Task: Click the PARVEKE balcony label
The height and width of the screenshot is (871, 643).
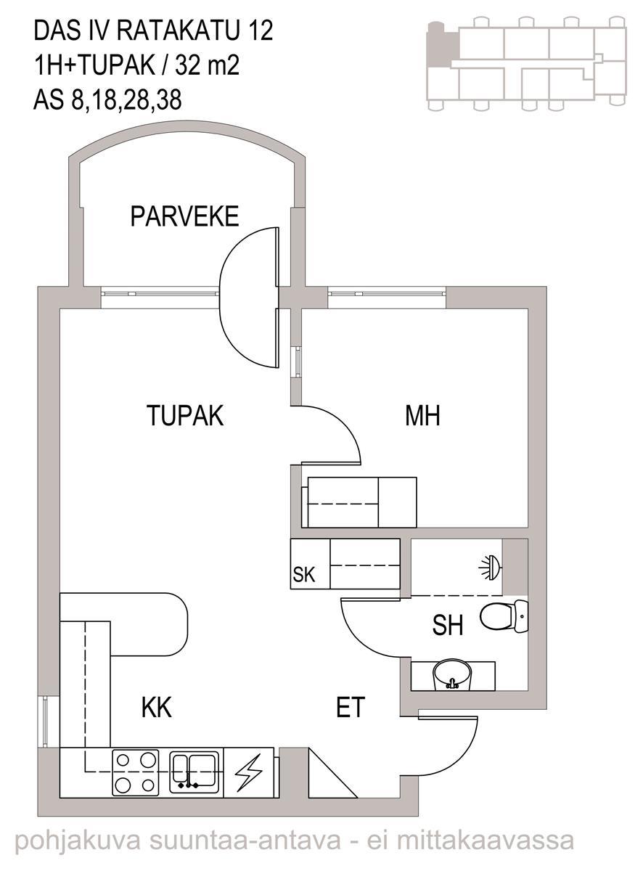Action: (184, 216)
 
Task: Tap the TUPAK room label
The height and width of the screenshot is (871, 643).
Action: (185, 415)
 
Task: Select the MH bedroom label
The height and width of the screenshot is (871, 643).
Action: (422, 415)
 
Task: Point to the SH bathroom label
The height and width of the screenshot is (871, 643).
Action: (447, 625)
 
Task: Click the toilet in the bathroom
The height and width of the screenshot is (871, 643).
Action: (504, 617)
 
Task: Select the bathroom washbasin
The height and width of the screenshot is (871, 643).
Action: (451, 674)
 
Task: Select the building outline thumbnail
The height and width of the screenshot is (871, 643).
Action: (526, 64)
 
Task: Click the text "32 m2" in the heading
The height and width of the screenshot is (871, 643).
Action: (208, 65)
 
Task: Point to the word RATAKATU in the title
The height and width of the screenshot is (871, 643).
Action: (178, 31)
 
